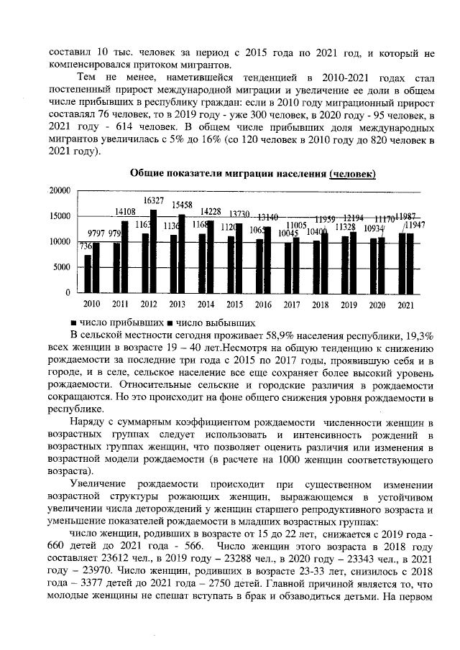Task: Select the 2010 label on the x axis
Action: click(x=93, y=305)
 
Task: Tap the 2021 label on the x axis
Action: click(x=405, y=305)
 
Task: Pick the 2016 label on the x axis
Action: click(x=263, y=305)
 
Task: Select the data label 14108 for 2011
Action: click(x=126, y=211)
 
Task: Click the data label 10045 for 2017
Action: click(x=287, y=233)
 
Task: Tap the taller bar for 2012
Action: click(x=154, y=251)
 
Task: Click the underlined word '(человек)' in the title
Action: click(x=352, y=175)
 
